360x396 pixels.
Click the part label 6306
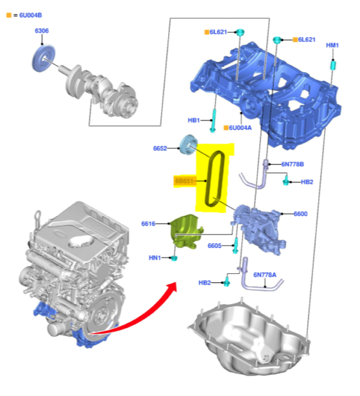pos(42,31)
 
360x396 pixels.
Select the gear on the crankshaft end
pos(44,58)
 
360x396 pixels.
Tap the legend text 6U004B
pos(31,15)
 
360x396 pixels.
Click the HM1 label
pos(332,45)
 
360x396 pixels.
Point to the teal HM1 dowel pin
pos(333,65)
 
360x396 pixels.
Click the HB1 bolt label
pos(194,120)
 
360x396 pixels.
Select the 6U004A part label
pos(240,128)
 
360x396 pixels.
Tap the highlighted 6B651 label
pos(184,181)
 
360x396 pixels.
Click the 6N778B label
pos(293,164)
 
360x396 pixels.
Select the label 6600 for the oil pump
pos(300,214)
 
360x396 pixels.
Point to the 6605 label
pos(215,246)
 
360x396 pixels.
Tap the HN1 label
pos(155,258)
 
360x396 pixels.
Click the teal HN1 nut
pos(174,258)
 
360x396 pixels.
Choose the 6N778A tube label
pos(265,275)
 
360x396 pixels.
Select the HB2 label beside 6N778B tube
pos(307,182)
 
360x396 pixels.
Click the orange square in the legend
pos(9,15)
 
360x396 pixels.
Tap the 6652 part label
pos(160,148)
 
